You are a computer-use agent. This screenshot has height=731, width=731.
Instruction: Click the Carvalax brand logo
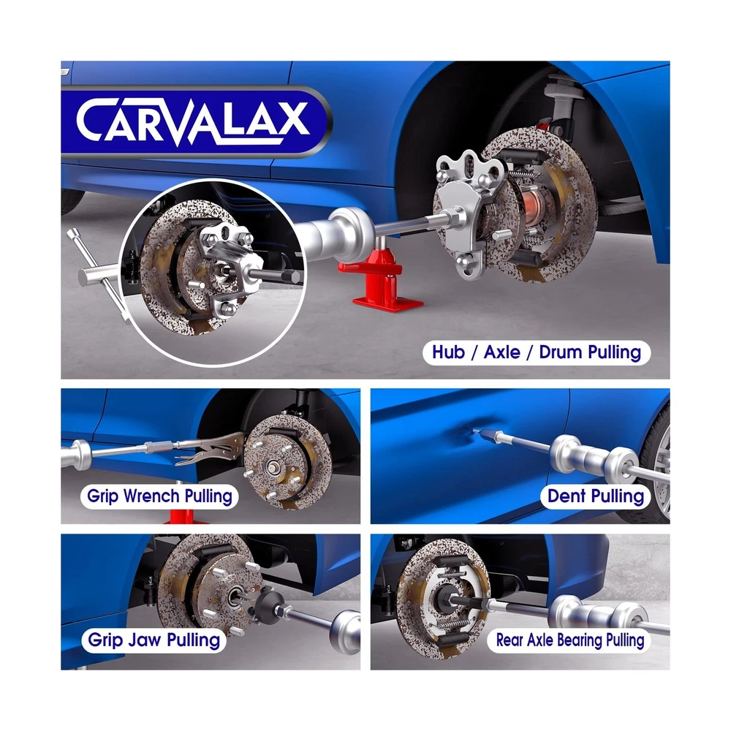click(195, 121)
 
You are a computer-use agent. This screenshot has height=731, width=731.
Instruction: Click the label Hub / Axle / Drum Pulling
click(536, 352)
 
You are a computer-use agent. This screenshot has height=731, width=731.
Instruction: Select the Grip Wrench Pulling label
click(159, 496)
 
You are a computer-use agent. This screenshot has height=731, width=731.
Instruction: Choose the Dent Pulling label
click(595, 496)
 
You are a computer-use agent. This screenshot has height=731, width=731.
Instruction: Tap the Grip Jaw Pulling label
click(154, 640)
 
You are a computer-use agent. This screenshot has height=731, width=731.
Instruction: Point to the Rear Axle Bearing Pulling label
click(569, 640)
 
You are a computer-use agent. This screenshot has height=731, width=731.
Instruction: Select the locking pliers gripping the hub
click(210, 450)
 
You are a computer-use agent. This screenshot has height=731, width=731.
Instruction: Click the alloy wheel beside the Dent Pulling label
click(659, 466)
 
